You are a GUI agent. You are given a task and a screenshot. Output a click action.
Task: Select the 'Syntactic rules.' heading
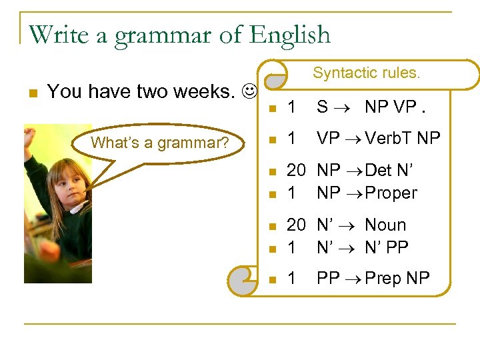click(367, 73)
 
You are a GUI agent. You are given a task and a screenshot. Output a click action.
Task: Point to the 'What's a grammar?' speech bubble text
click(160, 142)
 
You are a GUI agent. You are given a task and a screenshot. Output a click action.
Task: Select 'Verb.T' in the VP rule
click(386, 138)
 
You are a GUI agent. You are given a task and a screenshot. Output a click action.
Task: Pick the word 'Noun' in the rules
click(385, 225)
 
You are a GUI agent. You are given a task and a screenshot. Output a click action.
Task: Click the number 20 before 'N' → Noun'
click(296, 225)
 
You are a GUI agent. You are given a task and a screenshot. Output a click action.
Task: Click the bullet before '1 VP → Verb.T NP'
click(271, 139)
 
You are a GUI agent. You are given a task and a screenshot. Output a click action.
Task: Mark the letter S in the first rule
click(322, 106)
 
